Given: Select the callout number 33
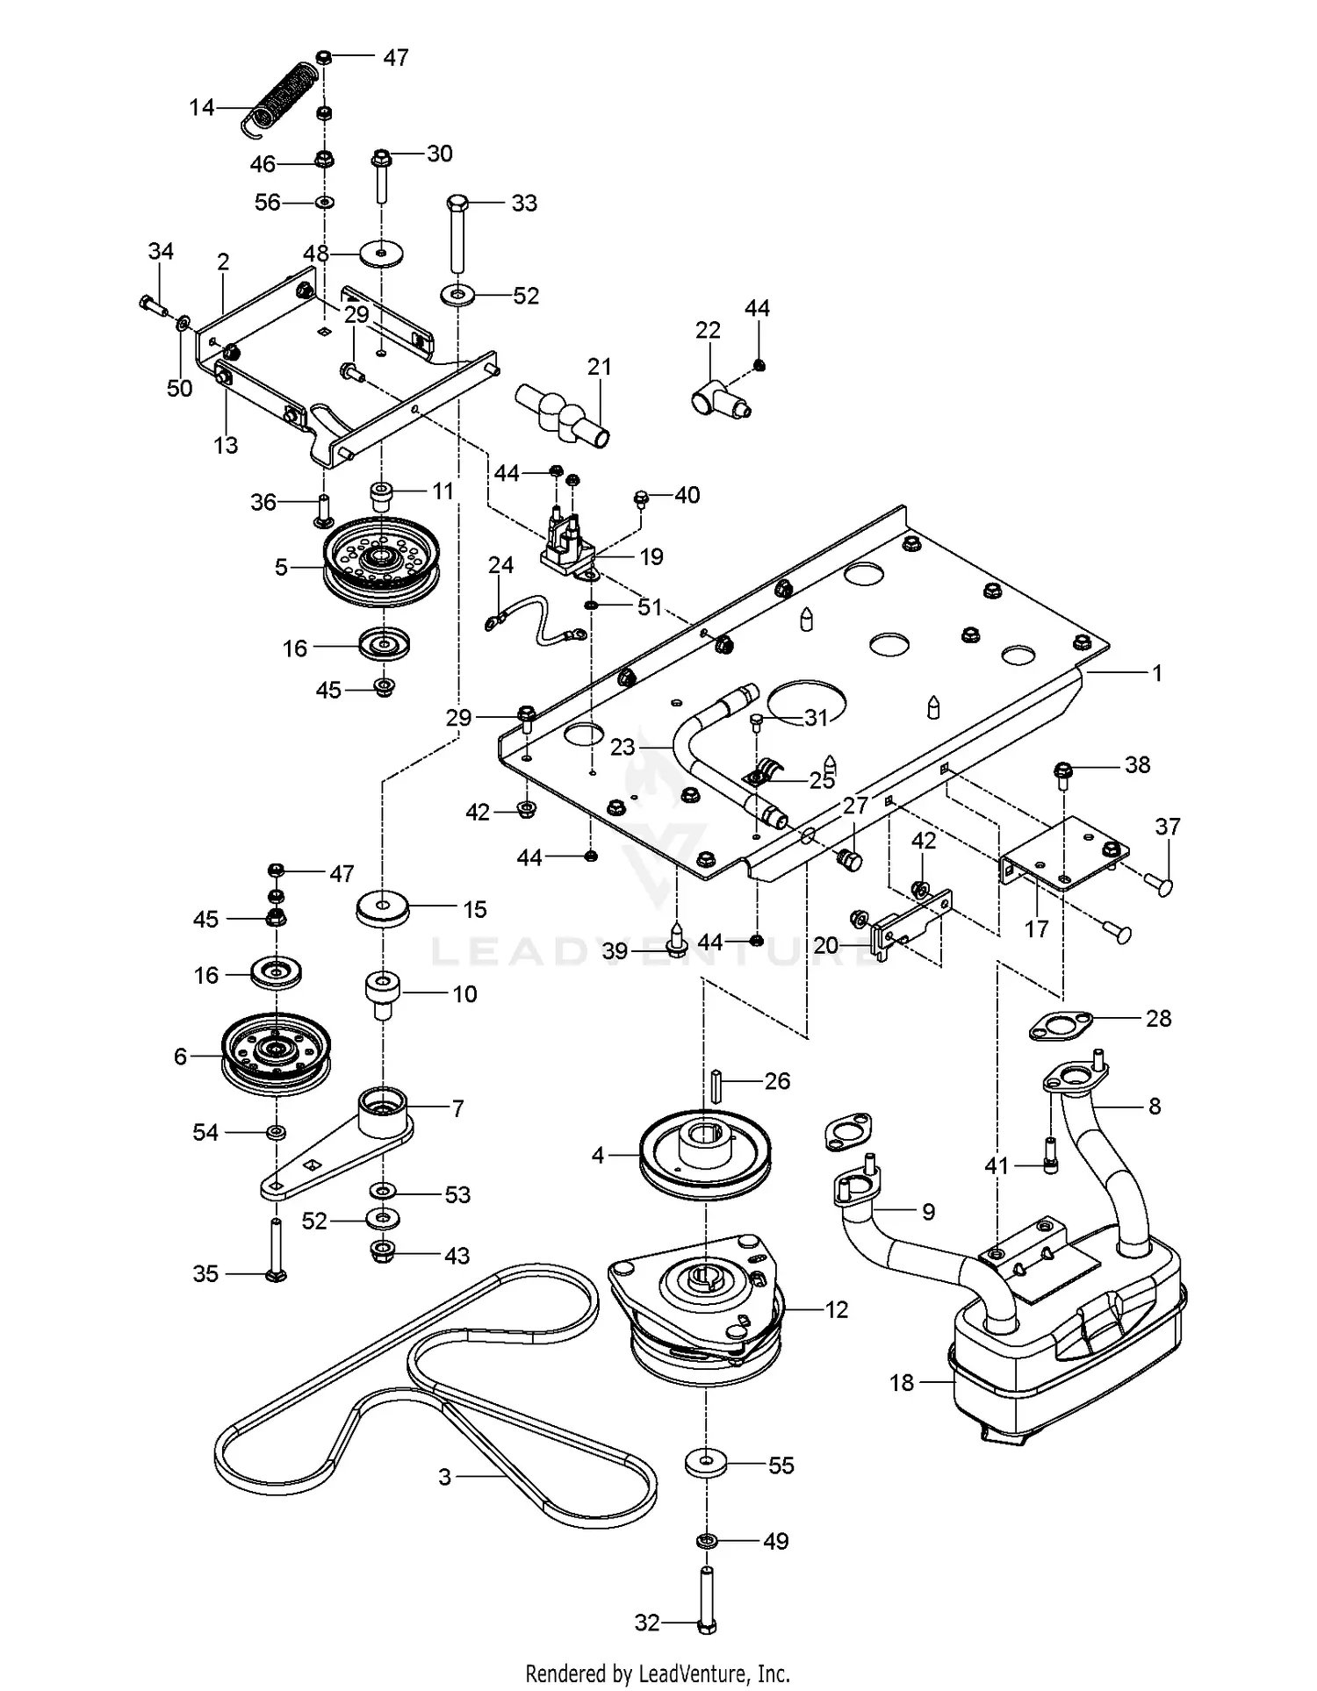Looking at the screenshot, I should point(524,203).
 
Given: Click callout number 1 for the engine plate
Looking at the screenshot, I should point(1157,673).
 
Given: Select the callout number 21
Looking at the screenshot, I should point(600,367).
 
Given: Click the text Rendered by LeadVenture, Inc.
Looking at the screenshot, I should point(658,1673).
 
